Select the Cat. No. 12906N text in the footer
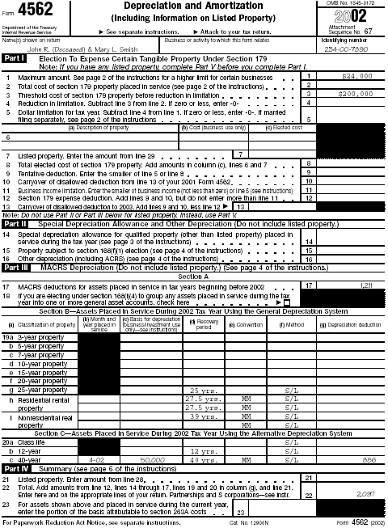pos(225,522)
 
